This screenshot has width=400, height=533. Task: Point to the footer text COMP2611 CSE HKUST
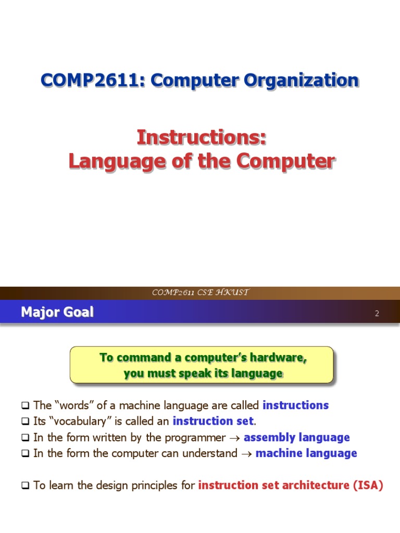(200, 293)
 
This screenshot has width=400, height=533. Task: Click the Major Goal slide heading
(57, 312)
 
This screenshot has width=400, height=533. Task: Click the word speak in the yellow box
(208, 373)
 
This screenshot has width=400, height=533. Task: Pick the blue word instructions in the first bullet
(296, 405)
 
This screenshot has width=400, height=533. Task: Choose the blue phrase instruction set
(213, 421)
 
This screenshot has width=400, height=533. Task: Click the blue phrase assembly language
(297, 437)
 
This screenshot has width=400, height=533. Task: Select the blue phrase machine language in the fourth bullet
(306, 453)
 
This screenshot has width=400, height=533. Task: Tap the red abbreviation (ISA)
(368, 486)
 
